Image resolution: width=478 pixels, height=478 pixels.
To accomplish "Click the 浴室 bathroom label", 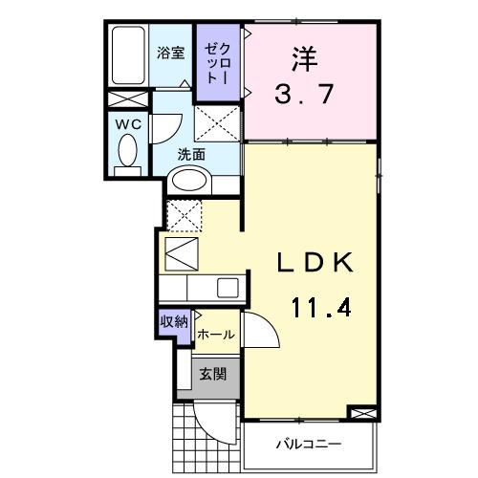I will point(171,54).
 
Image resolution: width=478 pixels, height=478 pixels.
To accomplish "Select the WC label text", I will point(127,123).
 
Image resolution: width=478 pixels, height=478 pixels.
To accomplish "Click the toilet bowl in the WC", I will point(126,150).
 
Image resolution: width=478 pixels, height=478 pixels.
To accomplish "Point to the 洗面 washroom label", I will point(191,154).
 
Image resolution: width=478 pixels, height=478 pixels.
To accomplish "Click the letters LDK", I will point(319,263).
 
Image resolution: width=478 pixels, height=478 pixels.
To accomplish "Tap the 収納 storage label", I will point(172,321).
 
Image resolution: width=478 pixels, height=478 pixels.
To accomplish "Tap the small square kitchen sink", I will point(228,287).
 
